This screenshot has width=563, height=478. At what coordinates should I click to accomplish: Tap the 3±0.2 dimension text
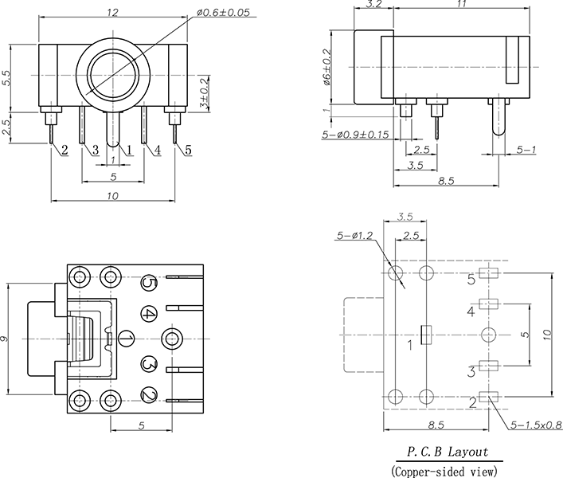point(204,93)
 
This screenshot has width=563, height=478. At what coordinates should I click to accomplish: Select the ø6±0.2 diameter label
point(326,67)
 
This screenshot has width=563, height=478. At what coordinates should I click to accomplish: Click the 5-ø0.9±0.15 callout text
point(355,135)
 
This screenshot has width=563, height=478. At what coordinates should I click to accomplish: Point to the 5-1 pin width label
point(526,149)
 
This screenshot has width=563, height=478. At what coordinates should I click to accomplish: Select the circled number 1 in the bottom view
point(126,339)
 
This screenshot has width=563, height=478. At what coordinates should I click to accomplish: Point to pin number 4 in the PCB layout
point(471,311)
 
